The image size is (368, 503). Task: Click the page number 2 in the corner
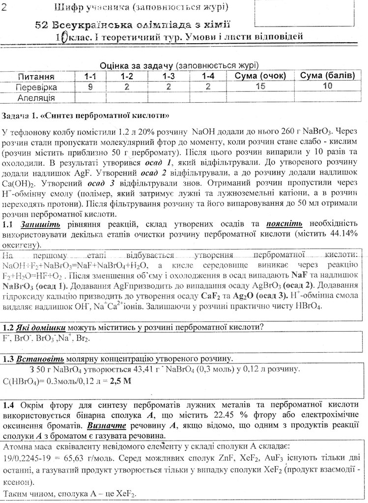coord(4,6)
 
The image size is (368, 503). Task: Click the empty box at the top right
coord(305,12)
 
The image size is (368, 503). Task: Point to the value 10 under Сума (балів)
coord(329,87)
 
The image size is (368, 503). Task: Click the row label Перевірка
coord(36,87)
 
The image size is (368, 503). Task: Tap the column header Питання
coord(36,77)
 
